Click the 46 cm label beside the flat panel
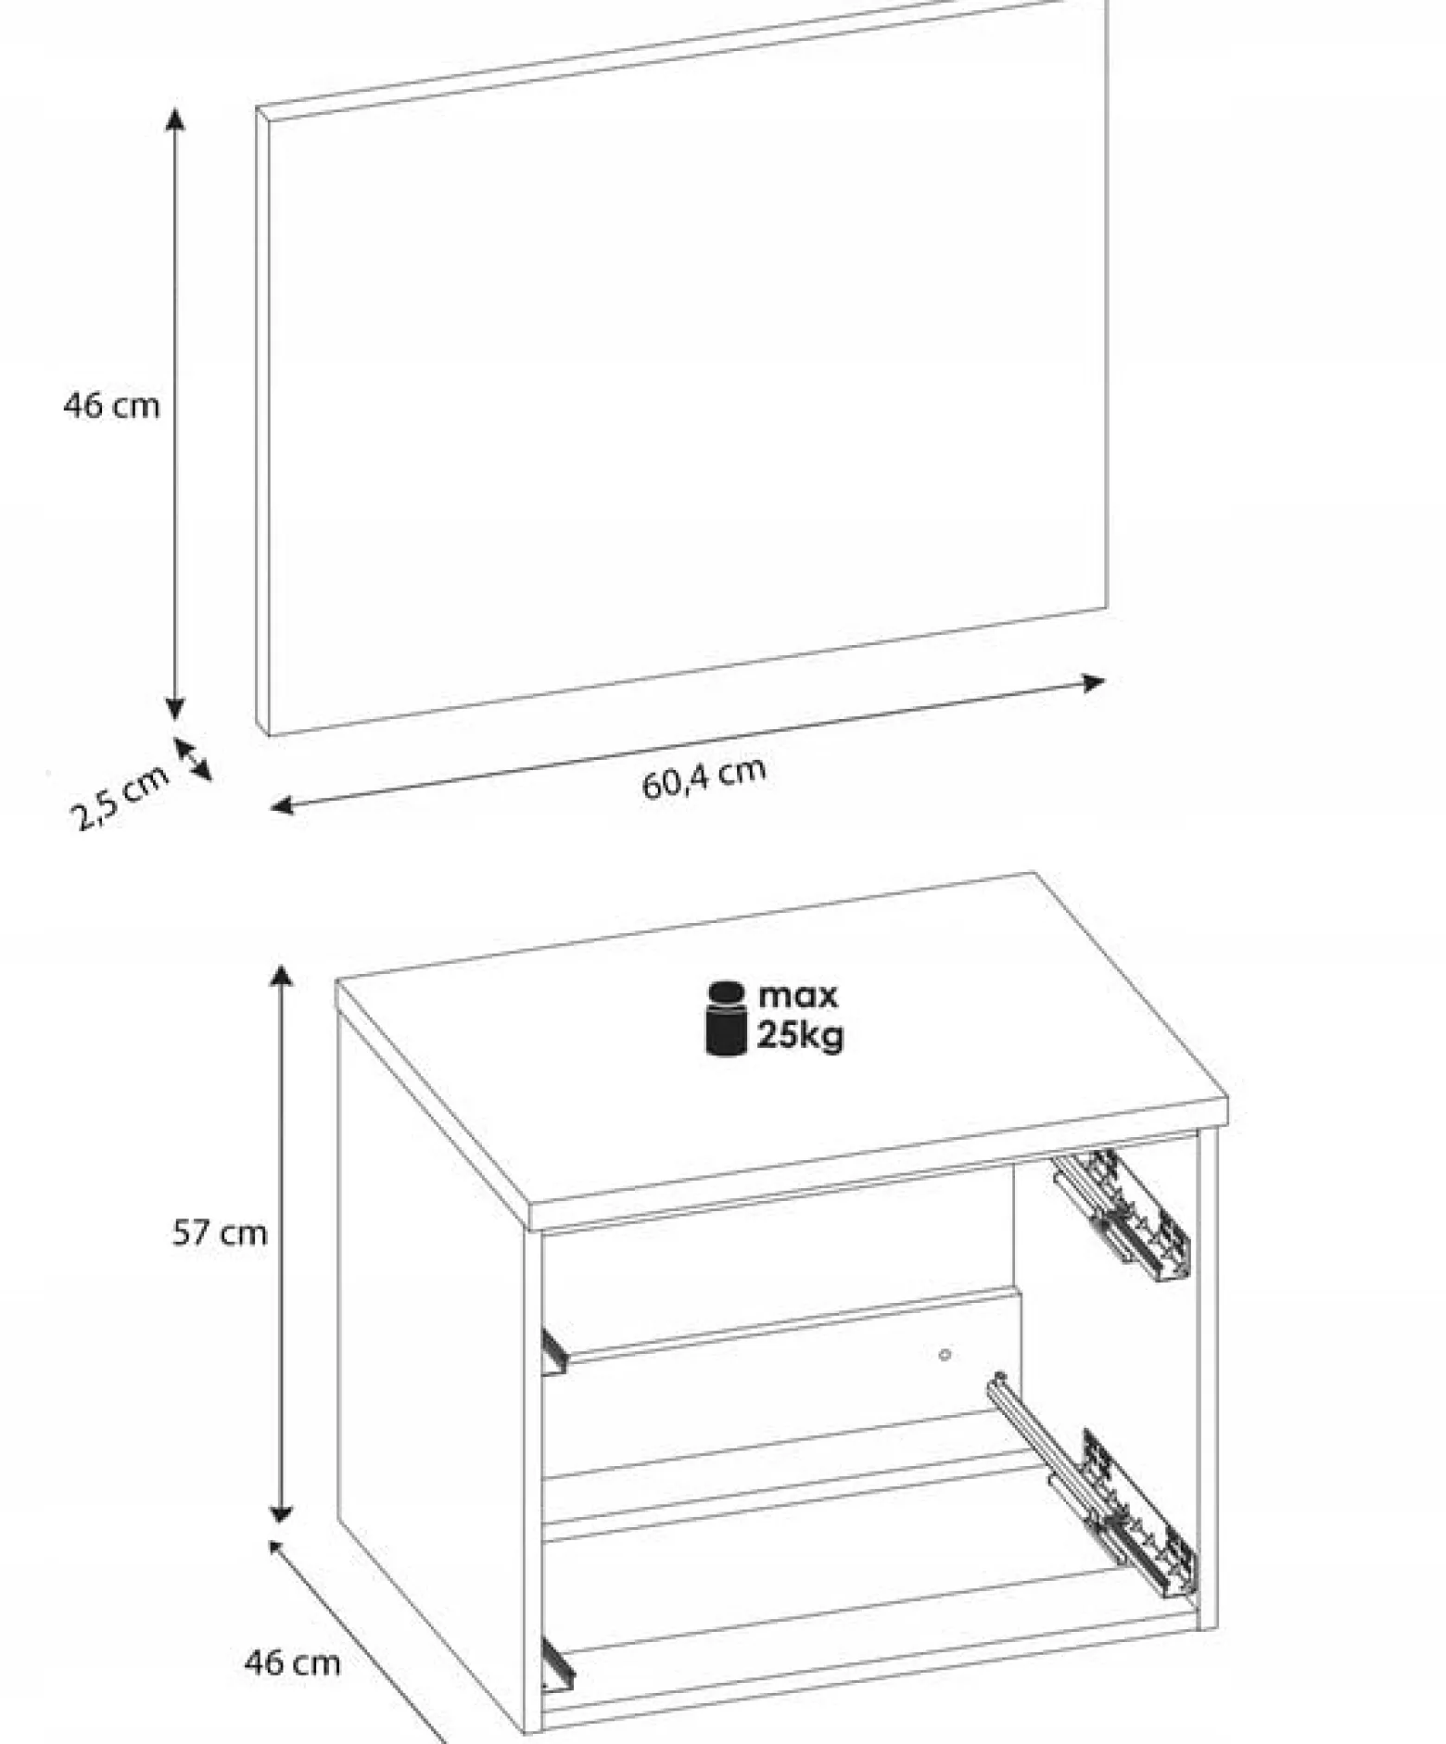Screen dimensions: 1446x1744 111,406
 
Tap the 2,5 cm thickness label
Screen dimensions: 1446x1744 120,797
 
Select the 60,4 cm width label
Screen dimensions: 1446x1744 704,777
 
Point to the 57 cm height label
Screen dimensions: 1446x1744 220,1232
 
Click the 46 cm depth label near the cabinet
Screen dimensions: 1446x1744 292,1662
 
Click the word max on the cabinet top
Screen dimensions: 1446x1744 798,996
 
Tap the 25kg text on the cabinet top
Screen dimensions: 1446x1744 801,1035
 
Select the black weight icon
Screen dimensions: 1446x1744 727,1018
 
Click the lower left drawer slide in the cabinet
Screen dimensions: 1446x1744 557,1662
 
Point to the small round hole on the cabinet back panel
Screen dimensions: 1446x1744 945,1355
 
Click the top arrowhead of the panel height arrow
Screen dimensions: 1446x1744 174,118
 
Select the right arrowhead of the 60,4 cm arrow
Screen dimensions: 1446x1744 1095,683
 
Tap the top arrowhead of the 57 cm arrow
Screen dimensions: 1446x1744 281,975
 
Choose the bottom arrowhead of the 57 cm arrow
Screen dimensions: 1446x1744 281,1513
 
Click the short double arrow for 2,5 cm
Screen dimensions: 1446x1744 192,758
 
